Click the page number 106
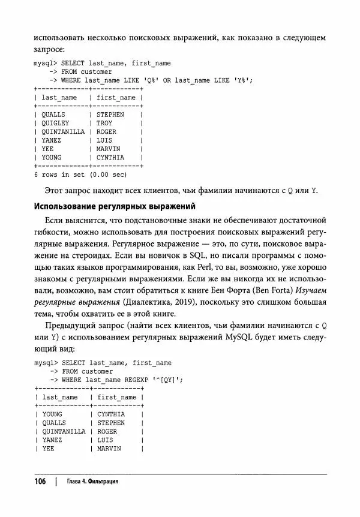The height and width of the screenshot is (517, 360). tap(40, 482)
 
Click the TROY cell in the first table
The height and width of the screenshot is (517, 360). tap(104, 123)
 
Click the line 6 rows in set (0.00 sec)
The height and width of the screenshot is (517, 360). tap(80, 175)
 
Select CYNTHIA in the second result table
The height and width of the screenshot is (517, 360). tap(110, 414)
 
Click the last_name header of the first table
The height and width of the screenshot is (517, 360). tap(59, 97)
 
